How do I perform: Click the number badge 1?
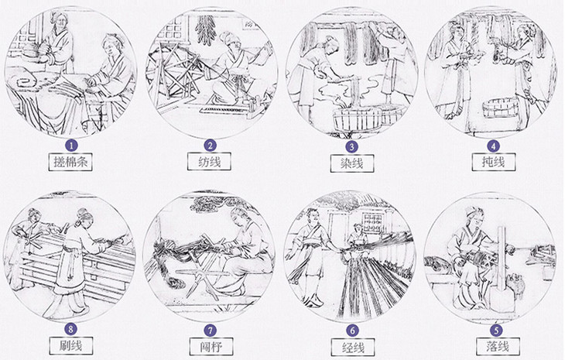coord(71,146)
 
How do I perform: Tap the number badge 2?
coord(210,146)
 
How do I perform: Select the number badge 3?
coord(351,146)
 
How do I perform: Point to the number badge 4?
coord(493,146)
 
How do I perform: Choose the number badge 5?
coord(497,330)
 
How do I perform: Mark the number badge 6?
coord(352,330)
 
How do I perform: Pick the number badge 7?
coord(211,330)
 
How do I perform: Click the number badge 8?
coord(70,329)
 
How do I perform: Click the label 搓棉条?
coord(70,162)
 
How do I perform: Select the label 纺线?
coord(209,162)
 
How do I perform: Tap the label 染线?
coord(351,163)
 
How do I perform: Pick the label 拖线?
coord(494,162)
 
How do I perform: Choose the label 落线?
coord(498,347)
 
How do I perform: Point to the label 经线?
coord(353,348)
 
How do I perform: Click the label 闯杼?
coord(211,347)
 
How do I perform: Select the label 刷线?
coord(70,345)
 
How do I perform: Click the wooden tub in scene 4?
coord(502,108)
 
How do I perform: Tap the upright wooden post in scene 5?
coord(501,266)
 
